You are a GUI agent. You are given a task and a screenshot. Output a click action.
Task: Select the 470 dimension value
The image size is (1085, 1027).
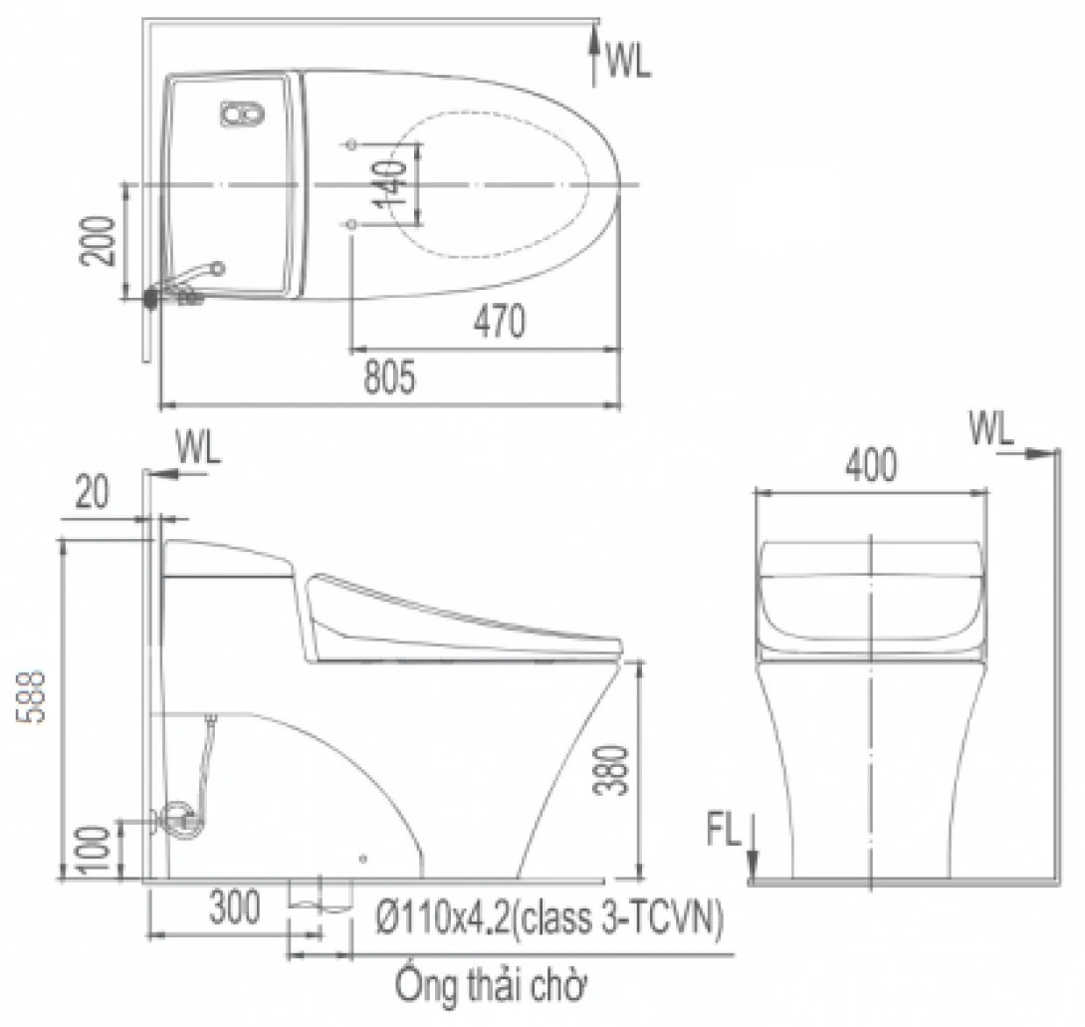(x=500, y=322)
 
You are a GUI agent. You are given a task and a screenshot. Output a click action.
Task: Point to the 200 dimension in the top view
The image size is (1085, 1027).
(x=98, y=240)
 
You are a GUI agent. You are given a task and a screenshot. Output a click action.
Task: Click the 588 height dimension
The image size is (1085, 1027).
(x=32, y=696)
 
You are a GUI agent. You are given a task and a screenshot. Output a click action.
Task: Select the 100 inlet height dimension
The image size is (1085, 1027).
(x=93, y=850)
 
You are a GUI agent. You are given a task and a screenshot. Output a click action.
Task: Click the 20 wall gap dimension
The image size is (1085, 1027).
(x=92, y=492)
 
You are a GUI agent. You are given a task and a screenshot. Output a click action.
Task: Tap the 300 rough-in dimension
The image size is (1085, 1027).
(x=235, y=906)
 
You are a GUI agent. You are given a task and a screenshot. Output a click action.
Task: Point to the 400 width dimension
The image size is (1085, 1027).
(x=871, y=464)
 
